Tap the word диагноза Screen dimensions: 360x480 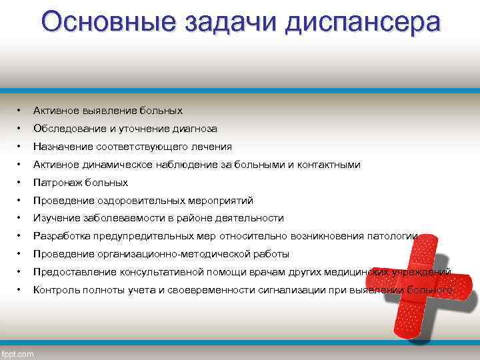(193, 128)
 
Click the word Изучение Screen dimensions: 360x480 (55, 218)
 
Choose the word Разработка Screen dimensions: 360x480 (61, 236)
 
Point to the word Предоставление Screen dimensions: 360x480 (75, 272)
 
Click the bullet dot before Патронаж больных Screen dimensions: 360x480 (20, 182)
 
